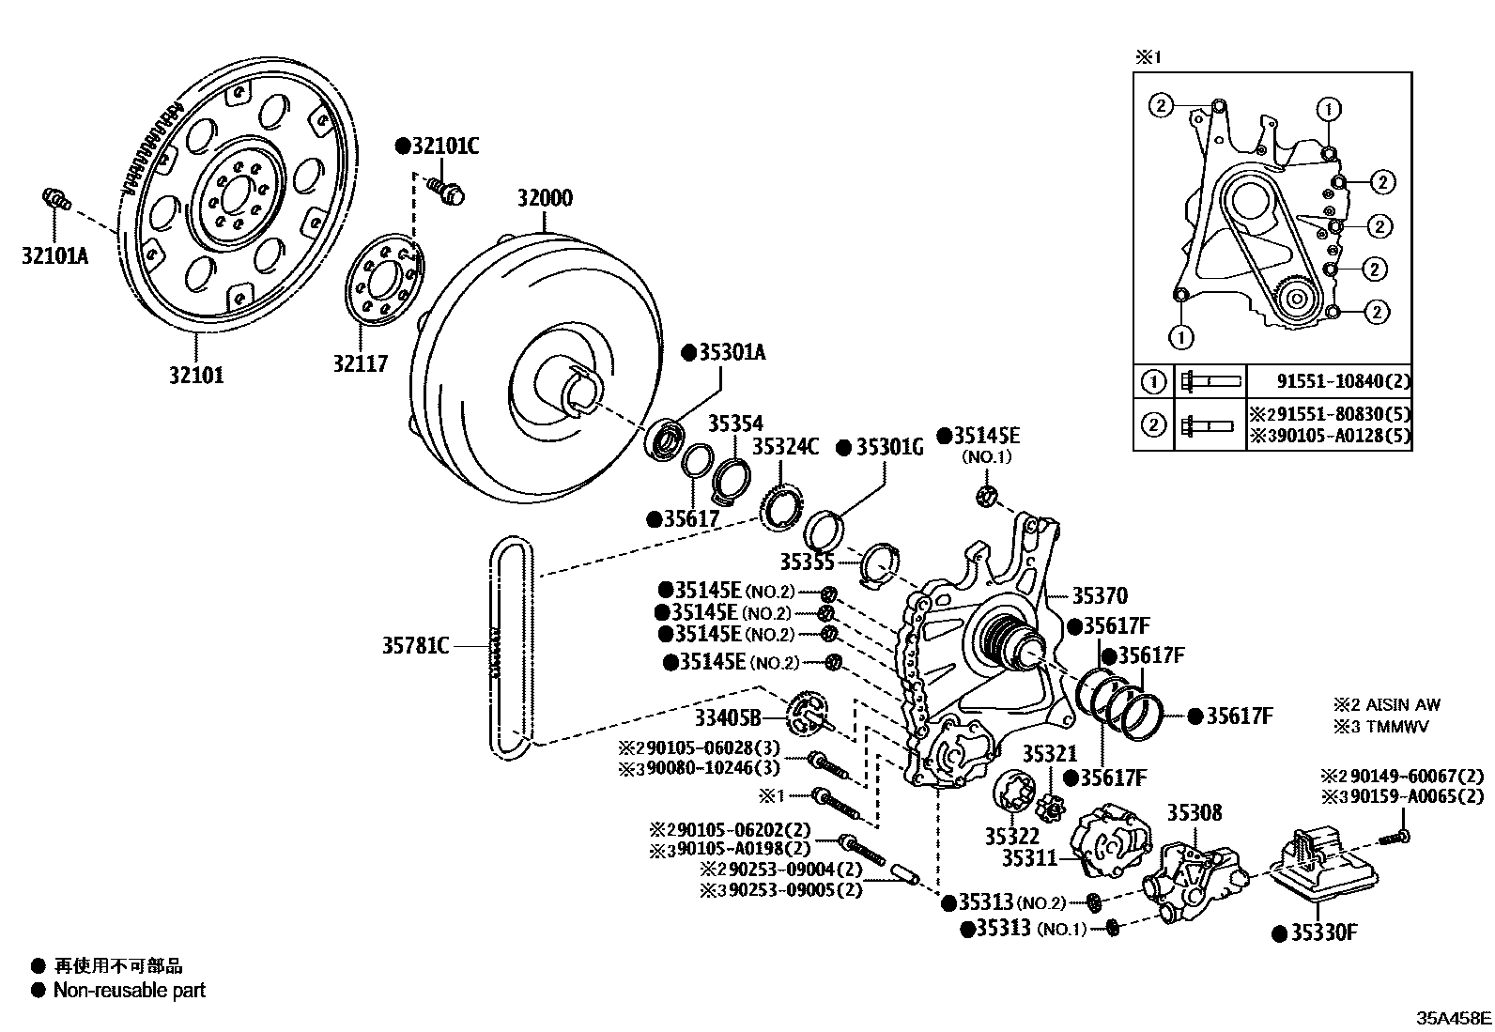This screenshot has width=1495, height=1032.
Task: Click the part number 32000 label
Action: [x=544, y=199]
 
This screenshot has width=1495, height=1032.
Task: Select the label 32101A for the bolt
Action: [x=54, y=254]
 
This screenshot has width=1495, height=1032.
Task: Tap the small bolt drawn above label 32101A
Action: [x=56, y=199]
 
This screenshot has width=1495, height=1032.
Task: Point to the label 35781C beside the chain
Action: [x=415, y=645]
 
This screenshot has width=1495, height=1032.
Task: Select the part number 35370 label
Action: [x=1100, y=595]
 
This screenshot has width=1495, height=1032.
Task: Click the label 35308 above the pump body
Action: [x=1194, y=811]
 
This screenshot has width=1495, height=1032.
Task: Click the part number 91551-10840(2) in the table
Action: [x=1343, y=381]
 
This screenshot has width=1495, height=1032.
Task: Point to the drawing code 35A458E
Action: [x=1454, y=1017]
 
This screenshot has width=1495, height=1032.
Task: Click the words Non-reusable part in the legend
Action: [x=129, y=990]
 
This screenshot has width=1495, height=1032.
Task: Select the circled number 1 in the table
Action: [x=1153, y=381]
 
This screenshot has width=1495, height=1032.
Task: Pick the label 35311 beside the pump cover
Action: [x=1029, y=857]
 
